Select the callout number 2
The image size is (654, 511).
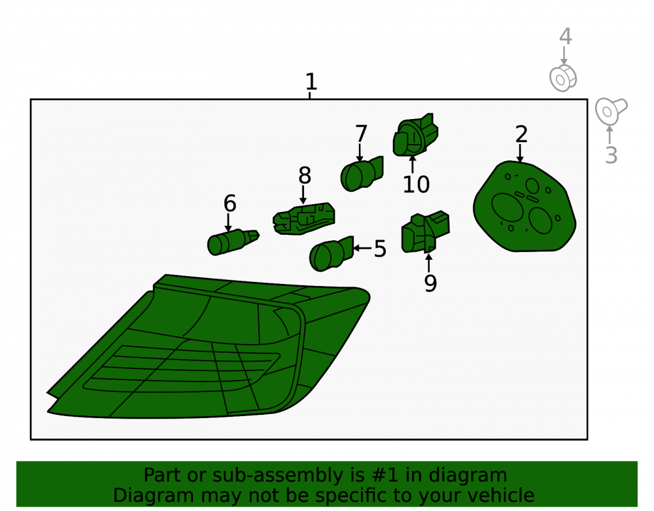point(521,134)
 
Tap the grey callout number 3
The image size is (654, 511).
point(611,155)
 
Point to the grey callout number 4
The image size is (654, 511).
point(565,37)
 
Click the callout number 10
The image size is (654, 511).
point(416,185)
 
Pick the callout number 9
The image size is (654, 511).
point(430,283)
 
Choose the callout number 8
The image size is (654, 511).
point(305,175)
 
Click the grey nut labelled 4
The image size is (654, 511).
point(563,78)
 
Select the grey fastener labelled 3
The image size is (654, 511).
point(611,111)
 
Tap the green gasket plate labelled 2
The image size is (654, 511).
point(525,207)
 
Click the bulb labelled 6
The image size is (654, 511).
point(233,241)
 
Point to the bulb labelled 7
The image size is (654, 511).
point(362,174)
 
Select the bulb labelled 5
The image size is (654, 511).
point(331,254)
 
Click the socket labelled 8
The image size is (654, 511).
point(303,219)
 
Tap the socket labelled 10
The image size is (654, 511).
point(415,135)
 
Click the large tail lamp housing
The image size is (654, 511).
point(208,346)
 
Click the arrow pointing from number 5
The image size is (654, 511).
point(362,248)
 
